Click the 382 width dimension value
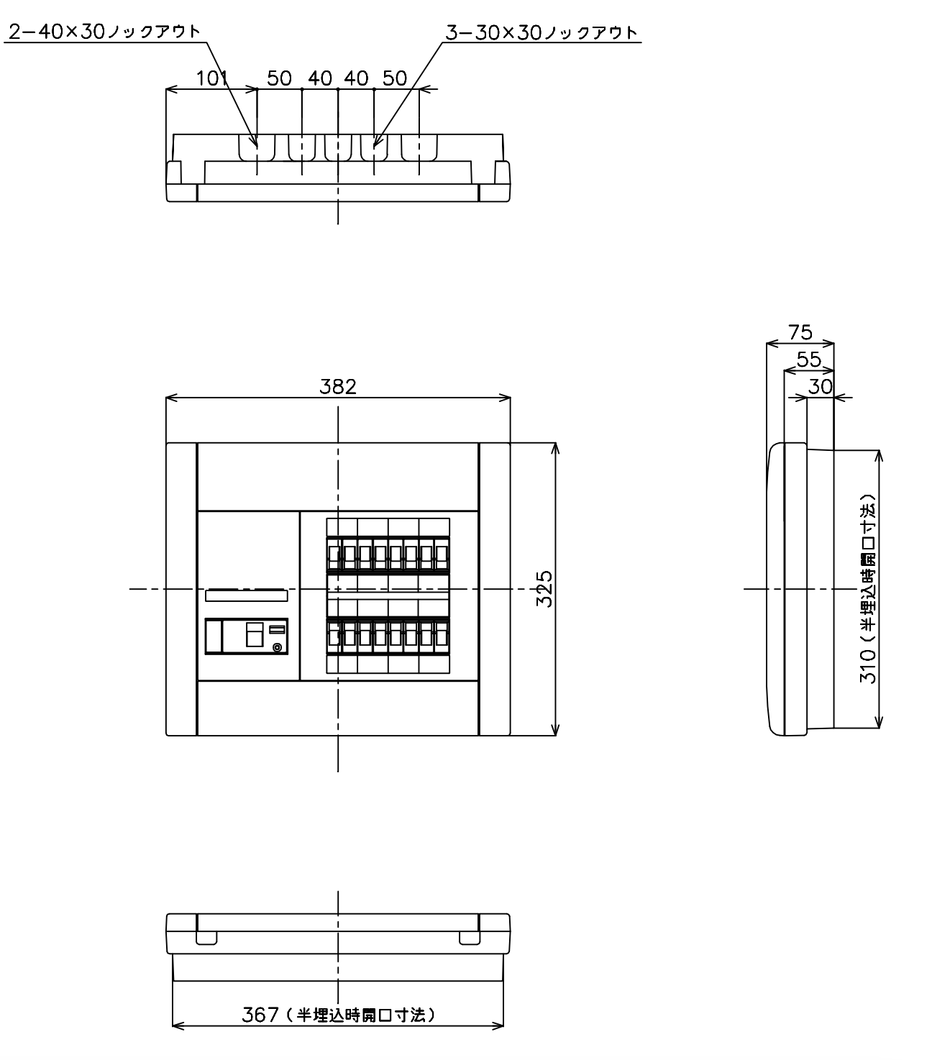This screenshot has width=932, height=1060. [337, 387]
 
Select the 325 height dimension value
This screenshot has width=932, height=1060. [544, 588]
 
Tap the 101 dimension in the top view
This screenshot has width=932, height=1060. [211, 78]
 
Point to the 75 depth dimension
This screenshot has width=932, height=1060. [800, 332]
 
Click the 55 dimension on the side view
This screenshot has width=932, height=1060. [809, 360]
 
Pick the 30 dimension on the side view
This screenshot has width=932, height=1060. [820, 387]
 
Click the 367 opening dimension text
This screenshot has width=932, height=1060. [339, 1015]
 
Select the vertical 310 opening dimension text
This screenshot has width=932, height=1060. [867, 588]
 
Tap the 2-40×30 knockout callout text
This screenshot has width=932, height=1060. [104, 32]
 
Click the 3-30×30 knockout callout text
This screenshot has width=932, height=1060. [541, 33]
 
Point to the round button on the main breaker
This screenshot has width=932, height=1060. [278, 648]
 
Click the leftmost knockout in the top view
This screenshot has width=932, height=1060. [257, 147]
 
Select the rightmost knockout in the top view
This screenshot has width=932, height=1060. [419, 147]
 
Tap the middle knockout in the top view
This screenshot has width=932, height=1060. [338, 147]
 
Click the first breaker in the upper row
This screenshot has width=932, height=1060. [334, 554]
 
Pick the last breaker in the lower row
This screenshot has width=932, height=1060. [442, 636]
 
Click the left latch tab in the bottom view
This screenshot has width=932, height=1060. [206, 938]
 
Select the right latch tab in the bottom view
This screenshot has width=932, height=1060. [470, 938]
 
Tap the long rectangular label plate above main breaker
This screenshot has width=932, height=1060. [247, 595]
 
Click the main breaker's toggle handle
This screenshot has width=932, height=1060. [255, 634]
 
